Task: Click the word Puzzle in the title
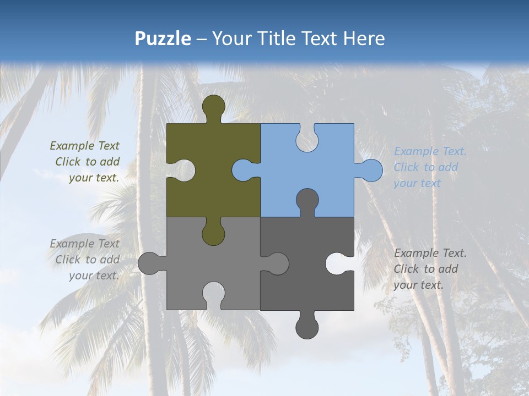(x=163, y=38)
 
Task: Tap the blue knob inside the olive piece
(x=243, y=170)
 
